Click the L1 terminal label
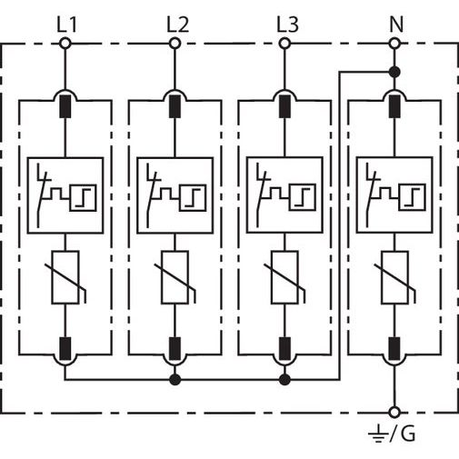click(x=67, y=25)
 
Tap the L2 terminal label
click(x=177, y=25)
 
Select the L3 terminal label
click(x=287, y=25)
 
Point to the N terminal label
click(x=396, y=25)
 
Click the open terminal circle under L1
click(x=65, y=44)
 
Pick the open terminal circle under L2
click(x=175, y=44)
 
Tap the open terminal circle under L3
click(x=284, y=44)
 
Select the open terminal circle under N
click(x=394, y=44)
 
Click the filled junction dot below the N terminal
click(x=394, y=72)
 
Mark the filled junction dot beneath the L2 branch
click(x=175, y=379)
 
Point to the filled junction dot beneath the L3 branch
click(x=284, y=379)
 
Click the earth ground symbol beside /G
click(x=378, y=434)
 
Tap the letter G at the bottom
click(x=408, y=434)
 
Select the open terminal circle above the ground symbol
click(x=394, y=413)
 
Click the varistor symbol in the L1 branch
click(x=65, y=277)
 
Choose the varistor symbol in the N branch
click(x=394, y=277)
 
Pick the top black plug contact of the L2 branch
click(x=175, y=106)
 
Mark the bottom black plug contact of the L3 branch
click(x=284, y=348)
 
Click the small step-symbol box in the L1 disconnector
click(x=83, y=197)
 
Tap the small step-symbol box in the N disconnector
click(x=412, y=197)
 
